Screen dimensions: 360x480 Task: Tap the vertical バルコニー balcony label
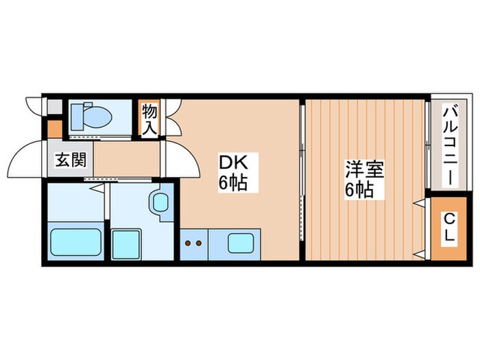tap(450, 145)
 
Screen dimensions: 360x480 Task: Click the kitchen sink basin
tap(242, 243)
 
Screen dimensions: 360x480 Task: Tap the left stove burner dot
tap(188, 243)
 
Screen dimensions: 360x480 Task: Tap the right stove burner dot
tap(199, 243)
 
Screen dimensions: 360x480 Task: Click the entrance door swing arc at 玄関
tap(26, 159)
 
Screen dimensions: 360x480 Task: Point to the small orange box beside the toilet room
tap(54, 128)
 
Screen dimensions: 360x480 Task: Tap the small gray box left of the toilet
tap(54, 107)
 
